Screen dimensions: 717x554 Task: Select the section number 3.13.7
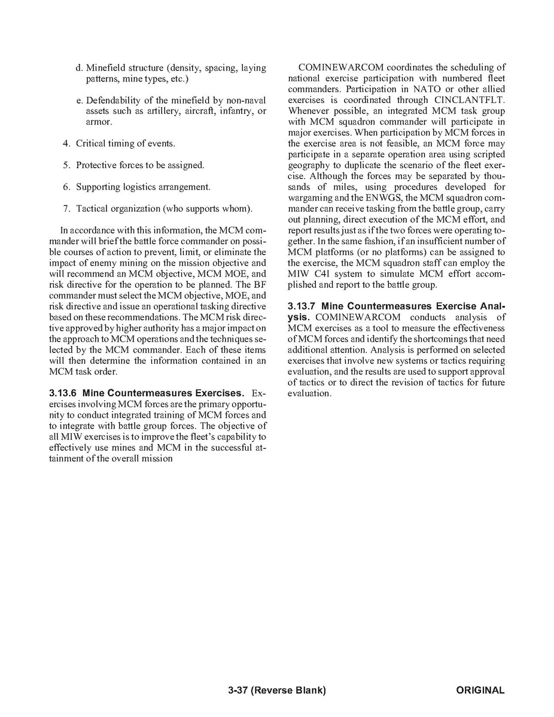pyautogui.click(x=302, y=306)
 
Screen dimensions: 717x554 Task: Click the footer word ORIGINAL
pyautogui.click(x=480, y=690)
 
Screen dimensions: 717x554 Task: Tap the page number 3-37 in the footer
pyautogui.click(x=238, y=690)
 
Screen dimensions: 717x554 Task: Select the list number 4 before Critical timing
pyautogui.click(x=66, y=144)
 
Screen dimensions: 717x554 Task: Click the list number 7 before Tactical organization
pyautogui.click(x=66, y=209)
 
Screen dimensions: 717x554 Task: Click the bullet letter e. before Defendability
pyautogui.click(x=79, y=100)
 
